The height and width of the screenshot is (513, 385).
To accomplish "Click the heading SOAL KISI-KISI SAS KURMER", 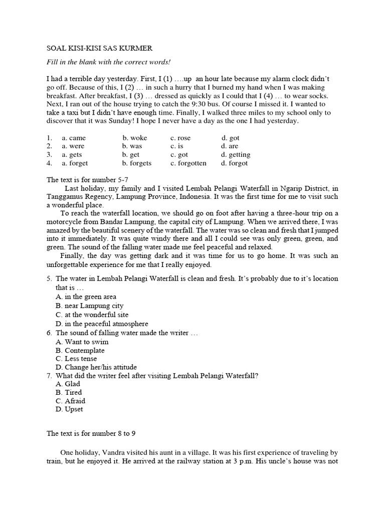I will [99, 49].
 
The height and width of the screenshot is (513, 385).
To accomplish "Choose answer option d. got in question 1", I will [231, 138].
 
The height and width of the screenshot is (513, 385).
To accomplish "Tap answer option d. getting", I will [236, 155].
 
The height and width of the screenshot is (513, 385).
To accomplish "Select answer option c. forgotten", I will [188, 163].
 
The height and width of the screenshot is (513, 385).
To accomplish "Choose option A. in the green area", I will [86, 297].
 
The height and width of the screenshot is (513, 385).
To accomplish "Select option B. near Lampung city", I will [90, 306].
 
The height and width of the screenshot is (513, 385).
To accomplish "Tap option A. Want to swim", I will [82, 342].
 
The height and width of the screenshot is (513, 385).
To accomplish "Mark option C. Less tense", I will [77, 359].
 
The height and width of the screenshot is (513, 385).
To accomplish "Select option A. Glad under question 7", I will [68, 384].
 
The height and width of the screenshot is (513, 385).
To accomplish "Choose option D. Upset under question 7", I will [69, 409].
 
